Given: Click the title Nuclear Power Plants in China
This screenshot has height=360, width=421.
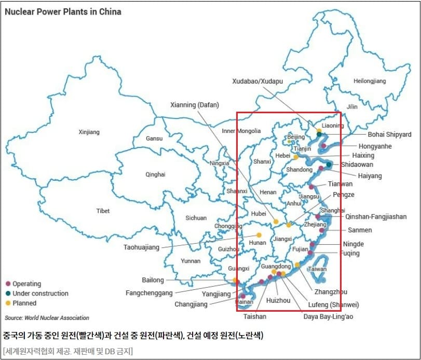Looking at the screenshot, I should pyautogui.click(x=63, y=11).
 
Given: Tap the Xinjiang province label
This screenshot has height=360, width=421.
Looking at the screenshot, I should pyautogui.click(x=89, y=132).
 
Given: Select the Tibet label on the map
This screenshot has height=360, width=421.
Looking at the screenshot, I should pyautogui.click(x=103, y=211).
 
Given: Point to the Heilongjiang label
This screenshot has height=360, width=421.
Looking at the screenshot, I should pyautogui.click(x=370, y=82).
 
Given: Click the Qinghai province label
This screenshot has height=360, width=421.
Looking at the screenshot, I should pyautogui.click(x=155, y=175).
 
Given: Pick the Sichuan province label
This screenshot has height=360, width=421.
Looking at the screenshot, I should pyautogui.click(x=196, y=218).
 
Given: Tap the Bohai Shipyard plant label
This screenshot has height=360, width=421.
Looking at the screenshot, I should pyautogui.click(x=389, y=135).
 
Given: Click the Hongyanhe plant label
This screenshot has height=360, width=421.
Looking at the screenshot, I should pyautogui.click(x=375, y=146).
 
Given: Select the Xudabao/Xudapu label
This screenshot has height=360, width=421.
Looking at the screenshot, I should pyautogui.click(x=257, y=82).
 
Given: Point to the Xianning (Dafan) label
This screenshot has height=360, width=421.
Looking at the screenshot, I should pyautogui.click(x=198, y=105).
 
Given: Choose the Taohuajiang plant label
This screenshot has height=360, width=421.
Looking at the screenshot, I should pyautogui.click(x=141, y=247).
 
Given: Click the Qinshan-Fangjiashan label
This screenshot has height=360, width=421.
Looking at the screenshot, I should pyautogui.click(x=376, y=217).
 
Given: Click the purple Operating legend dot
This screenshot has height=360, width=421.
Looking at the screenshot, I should pyautogui.click(x=8, y=284).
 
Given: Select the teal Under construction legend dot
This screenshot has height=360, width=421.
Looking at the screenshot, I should pyautogui.click(x=8, y=294).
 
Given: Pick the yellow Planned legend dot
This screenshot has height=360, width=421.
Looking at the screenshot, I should pyautogui.click(x=8, y=303).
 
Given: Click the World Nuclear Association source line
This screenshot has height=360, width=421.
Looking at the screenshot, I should pyautogui.click(x=47, y=318).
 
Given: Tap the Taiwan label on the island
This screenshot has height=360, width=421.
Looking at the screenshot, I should pyautogui.click(x=317, y=269).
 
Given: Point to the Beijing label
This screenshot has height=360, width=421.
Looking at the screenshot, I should pyautogui.click(x=296, y=137).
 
